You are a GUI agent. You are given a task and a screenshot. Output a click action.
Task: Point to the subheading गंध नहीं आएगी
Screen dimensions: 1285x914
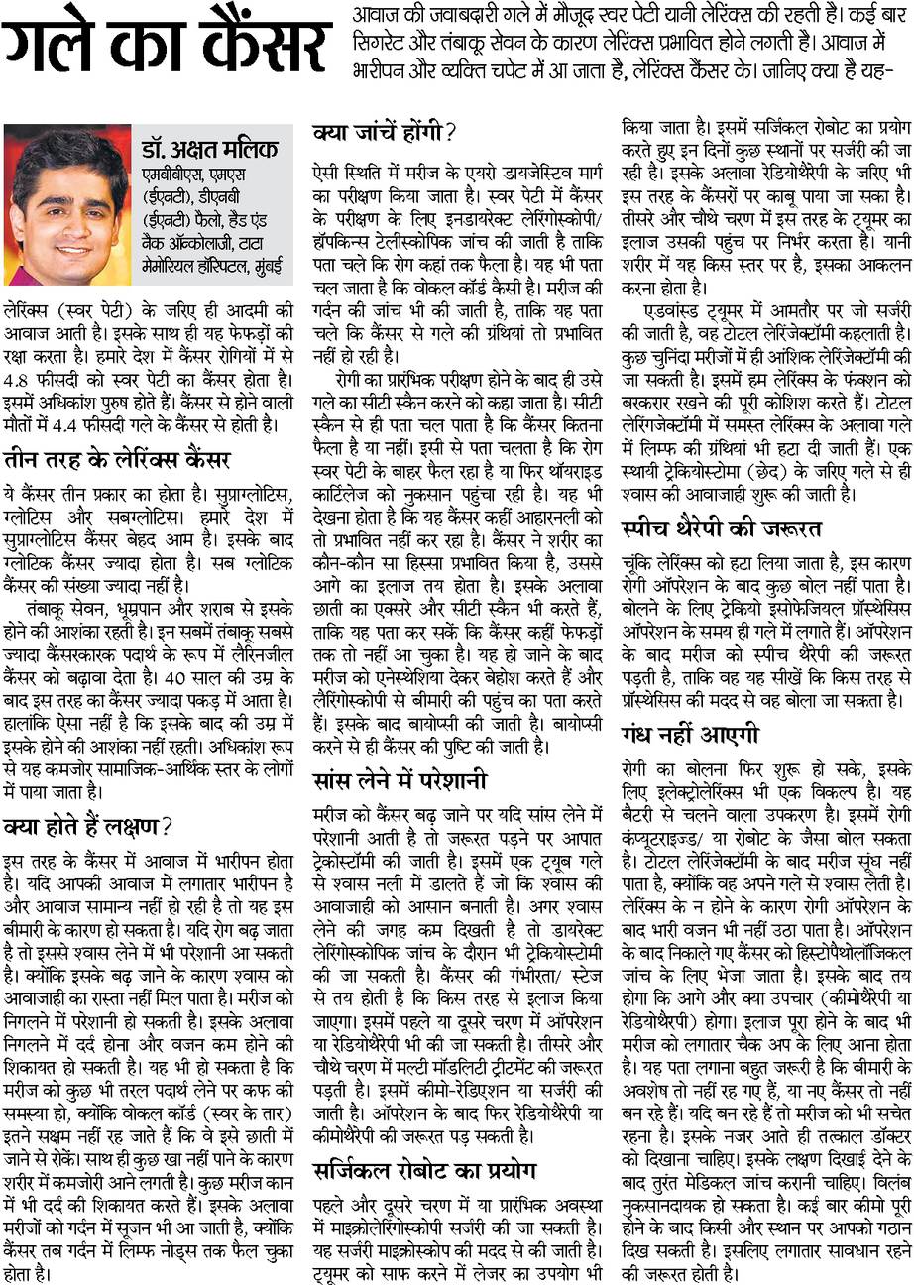click(690, 735)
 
